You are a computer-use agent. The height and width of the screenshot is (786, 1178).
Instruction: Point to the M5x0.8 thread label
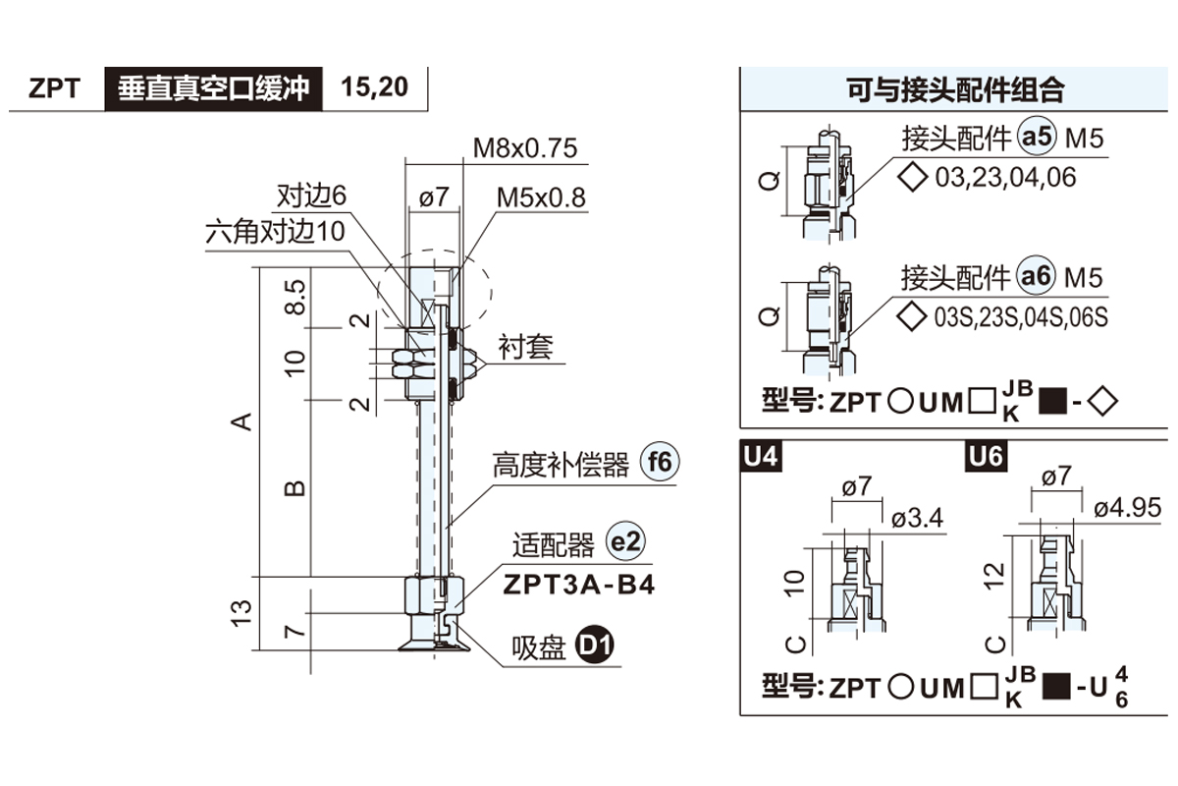tap(540, 197)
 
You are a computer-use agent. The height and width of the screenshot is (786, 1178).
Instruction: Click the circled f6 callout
tap(659, 463)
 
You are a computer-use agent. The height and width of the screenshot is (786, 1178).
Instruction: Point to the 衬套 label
tap(525, 347)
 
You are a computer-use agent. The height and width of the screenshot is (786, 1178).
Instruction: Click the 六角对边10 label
tap(276, 232)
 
